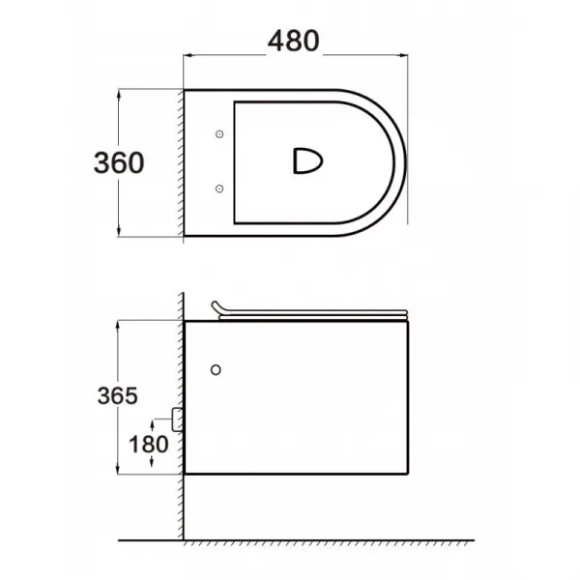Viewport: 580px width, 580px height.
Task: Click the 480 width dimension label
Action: coord(293,41)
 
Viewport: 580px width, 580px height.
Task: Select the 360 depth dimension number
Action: coord(119,162)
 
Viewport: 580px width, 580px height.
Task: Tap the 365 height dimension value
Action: coord(118,395)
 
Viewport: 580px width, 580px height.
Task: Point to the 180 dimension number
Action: coord(148,445)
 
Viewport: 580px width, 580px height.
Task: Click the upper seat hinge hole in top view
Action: coord(219,134)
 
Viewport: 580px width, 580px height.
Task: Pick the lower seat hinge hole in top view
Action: coord(219,188)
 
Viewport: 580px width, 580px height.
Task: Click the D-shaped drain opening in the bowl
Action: coord(307,160)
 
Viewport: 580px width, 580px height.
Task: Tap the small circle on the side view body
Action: coord(216,369)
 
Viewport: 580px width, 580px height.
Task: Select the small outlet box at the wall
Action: coord(178,420)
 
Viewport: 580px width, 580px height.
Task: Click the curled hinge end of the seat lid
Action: coord(217,306)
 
